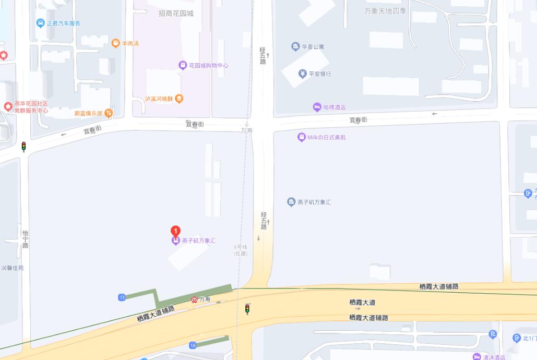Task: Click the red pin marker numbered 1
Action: coord(176,231)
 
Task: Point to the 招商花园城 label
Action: coord(176,13)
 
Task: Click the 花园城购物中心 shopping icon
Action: coord(183,65)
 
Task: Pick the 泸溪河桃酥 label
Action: coord(160,98)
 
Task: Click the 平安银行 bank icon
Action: coord(303,74)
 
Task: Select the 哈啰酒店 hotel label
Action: coord(335,107)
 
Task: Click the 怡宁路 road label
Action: coord(25,239)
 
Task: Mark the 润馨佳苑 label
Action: coord(12,268)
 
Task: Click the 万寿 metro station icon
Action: coord(195,299)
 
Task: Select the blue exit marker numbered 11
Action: coord(122,297)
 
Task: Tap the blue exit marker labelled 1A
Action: coord(193,345)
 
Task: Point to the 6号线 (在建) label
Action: coord(240,250)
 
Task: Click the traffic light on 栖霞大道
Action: coord(247,309)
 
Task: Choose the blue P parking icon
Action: coord(493,334)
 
